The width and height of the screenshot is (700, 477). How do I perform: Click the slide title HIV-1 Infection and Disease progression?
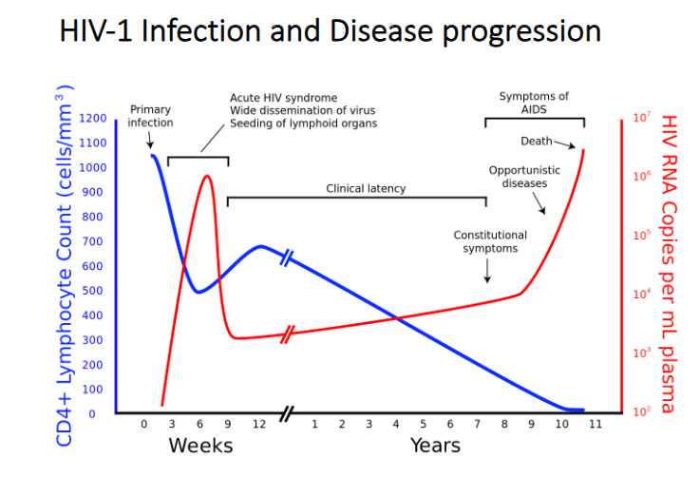click(x=330, y=30)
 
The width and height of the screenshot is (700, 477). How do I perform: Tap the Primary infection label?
click(x=151, y=116)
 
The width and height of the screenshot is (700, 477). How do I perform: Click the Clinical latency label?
click(x=366, y=188)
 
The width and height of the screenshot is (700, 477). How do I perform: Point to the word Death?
click(x=537, y=142)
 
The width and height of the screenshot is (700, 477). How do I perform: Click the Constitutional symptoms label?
click(x=490, y=241)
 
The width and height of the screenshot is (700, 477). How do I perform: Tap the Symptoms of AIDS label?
click(x=534, y=103)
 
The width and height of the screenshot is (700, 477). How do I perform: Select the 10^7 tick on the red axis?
click(x=640, y=119)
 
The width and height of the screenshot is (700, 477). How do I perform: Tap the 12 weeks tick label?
click(x=258, y=425)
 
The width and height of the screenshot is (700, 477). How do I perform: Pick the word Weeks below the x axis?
click(x=200, y=446)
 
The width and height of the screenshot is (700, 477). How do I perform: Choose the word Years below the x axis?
click(x=435, y=446)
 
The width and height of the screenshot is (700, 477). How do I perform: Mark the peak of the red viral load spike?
click(x=207, y=176)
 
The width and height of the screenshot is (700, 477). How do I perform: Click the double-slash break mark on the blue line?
click(x=287, y=257)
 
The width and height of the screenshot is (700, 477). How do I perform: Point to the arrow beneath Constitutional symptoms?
click(x=486, y=271)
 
